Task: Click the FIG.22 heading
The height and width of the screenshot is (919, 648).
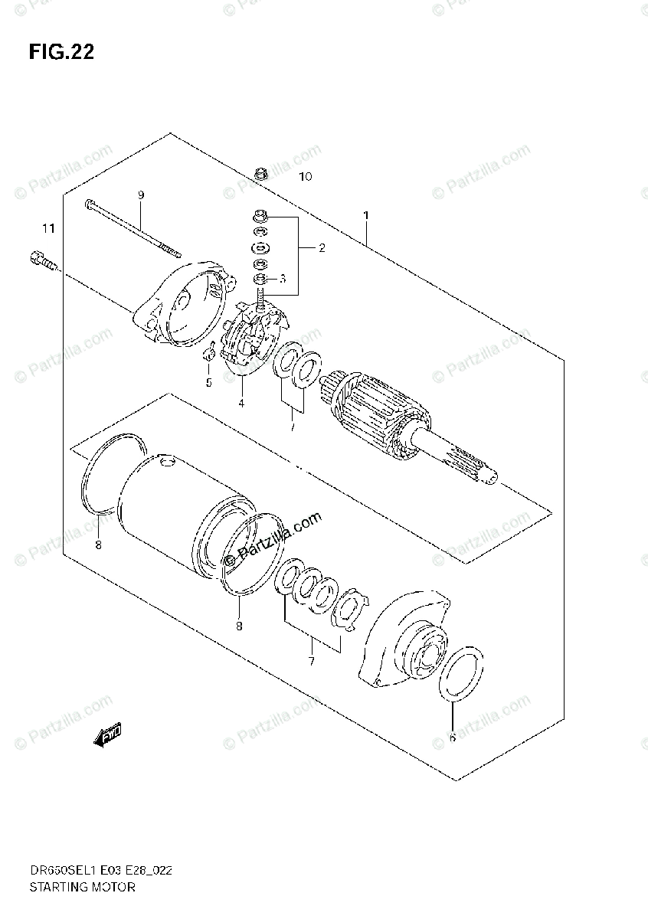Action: (x=61, y=52)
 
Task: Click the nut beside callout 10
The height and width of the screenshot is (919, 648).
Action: (x=258, y=175)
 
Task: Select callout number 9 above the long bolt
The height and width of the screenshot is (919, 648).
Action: (x=141, y=195)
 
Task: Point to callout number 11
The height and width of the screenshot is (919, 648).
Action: (x=49, y=228)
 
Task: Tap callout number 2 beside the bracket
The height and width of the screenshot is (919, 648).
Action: (x=322, y=247)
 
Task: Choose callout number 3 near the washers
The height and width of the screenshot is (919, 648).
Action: (x=282, y=279)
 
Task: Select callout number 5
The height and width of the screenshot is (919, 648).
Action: (x=208, y=382)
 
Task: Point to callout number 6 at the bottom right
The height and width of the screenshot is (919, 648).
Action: (x=452, y=737)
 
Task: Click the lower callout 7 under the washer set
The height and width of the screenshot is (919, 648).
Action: (x=311, y=661)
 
